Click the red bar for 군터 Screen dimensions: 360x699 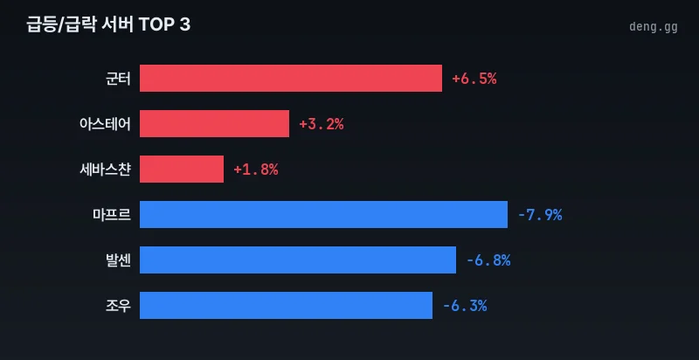click(x=291, y=78)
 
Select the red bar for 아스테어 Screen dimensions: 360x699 click(x=214, y=123)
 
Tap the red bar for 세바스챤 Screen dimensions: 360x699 click(x=182, y=169)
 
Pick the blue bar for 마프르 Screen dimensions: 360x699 click(x=323, y=214)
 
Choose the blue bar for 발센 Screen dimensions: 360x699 click(x=298, y=260)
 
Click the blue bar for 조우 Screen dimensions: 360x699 click(x=286, y=305)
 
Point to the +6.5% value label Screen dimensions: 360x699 click(x=474, y=78)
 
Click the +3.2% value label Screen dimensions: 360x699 click(x=321, y=123)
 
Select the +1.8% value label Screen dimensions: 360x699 click(x=255, y=169)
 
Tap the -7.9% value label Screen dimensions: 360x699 click(x=539, y=214)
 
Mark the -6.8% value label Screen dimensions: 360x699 click(x=488, y=260)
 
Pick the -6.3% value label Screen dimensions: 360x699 click(x=464, y=305)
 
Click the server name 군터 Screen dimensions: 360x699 click(x=117, y=78)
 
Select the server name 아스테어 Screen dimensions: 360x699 click(x=104, y=123)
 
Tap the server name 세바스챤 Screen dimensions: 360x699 click(x=104, y=169)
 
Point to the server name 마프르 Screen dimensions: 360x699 click(x=111, y=214)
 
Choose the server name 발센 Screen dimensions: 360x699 click(x=117, y=260)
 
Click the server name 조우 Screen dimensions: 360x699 click(x=117, y=305)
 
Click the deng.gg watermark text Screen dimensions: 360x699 click(x=653, y=26)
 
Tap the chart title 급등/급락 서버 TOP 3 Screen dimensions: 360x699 click(x=108, y=25)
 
